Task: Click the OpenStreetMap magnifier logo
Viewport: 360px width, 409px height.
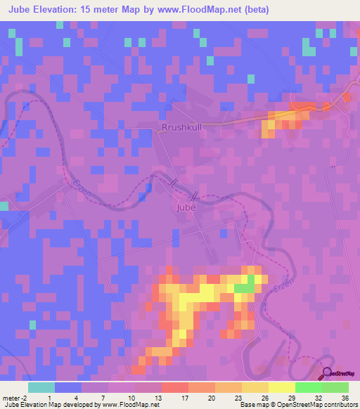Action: [x=327, y=374]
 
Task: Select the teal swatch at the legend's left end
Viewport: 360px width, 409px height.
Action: [x=41, y=387]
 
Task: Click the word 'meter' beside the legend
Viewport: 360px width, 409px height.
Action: [x=11, y=397]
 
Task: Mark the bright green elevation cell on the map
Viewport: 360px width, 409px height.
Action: [x=244, y=287]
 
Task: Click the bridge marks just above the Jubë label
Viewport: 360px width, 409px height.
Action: [x=184, y=188]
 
